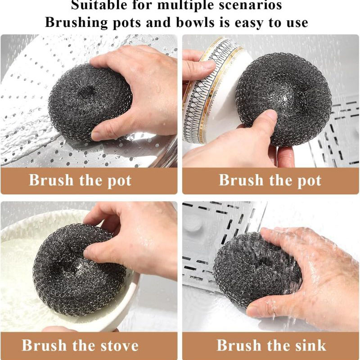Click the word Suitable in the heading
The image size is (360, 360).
pos(99,4)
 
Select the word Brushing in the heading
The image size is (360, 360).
pos(76,23)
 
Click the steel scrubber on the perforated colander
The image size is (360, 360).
pos(90,102)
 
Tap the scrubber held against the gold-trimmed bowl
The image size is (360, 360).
pos(283,99)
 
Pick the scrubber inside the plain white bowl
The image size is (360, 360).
pos(79,269)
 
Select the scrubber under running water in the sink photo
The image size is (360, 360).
pos(257,269)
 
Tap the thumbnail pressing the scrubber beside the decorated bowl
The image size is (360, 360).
pos(269,115)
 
